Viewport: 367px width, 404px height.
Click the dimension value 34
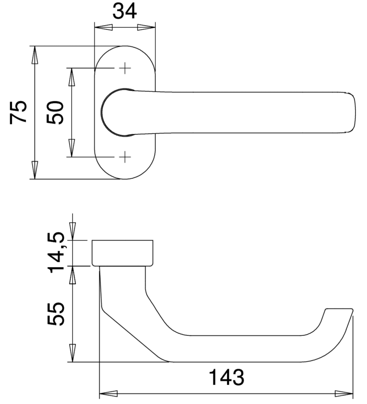[x=124, y=12]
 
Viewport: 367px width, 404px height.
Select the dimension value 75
[x=18, y=112]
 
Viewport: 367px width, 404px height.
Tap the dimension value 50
[x=55, y=113]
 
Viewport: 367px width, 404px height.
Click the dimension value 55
[x=56, y=314]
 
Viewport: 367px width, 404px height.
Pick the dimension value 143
[x=226, y=377]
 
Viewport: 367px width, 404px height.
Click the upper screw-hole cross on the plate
[x=125, y=68]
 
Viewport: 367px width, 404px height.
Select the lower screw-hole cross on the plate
[x=125, y=157]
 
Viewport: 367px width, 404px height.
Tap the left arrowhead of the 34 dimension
[x=104, y=27]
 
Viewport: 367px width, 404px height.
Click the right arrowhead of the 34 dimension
[x=146, y=27]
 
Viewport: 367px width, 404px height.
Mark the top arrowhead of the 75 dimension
[x=34, y=55]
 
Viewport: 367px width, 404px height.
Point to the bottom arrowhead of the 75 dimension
[x=34, y=170]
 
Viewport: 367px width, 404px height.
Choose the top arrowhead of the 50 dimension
[x=72, y=77]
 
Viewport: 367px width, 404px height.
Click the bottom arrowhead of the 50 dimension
[x=72, y=148]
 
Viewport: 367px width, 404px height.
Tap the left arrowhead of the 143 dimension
[x=109, y=394]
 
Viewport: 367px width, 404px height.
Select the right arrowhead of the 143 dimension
[x=344, y=394]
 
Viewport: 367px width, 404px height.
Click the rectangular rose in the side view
[x=122, y=253]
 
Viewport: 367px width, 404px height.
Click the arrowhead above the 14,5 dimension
[x=73, y=231]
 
